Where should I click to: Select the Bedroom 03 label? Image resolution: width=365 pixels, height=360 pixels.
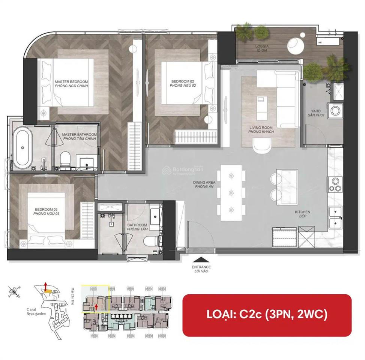click(47, 211)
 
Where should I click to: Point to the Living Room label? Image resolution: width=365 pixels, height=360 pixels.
click(261, 130)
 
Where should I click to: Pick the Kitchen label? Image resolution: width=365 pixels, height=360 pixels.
click(302, 214)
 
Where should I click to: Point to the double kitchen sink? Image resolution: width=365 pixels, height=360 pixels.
click(335, 217)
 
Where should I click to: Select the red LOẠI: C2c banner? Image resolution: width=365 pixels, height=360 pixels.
click(267, 315)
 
